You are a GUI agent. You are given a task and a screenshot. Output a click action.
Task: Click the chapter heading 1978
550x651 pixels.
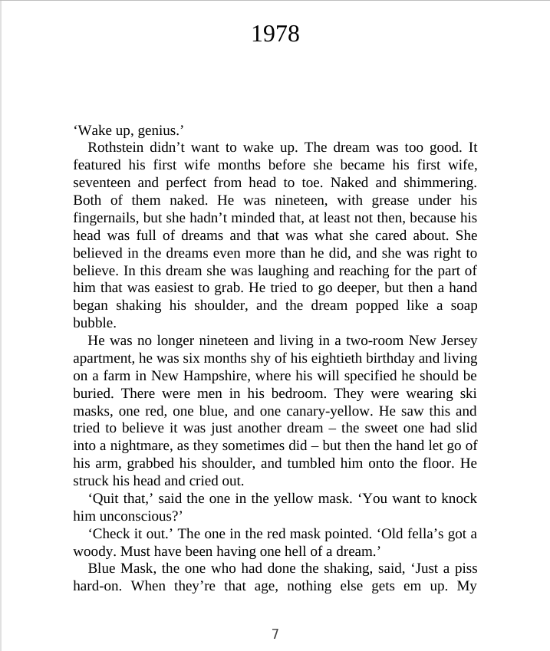[275, 34]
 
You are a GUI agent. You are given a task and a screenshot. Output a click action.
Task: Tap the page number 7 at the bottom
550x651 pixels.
[275, 633]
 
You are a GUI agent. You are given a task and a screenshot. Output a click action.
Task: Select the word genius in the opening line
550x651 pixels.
[159, 130]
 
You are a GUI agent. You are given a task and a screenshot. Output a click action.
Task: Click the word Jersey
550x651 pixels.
[456, 340]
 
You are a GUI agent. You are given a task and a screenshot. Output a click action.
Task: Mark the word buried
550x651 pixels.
[93, 393]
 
